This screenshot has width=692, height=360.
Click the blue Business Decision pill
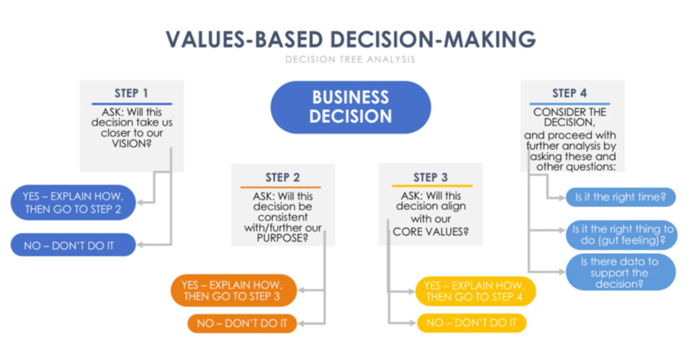point(351,107)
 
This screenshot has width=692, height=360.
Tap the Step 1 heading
point(131,93)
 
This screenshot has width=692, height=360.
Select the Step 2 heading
point(282,178)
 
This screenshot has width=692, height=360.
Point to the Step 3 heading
point(430,178)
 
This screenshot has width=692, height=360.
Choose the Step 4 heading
point(569,93)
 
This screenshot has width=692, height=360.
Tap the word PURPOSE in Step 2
point(282,238)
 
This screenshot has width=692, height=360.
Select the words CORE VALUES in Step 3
point(430,232)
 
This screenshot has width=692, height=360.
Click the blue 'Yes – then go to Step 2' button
point(73,203)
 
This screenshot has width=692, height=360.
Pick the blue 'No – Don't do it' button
point(73,245)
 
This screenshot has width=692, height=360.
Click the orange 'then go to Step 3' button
point(233,290)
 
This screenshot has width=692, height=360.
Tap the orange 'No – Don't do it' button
point(242,324)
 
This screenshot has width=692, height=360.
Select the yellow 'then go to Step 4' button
point(475,291)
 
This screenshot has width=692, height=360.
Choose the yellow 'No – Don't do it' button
point(471,323)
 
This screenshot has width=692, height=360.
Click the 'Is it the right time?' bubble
point(620,197)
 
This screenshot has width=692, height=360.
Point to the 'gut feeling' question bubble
point(622,234)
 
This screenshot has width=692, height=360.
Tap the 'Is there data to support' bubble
point(620,272)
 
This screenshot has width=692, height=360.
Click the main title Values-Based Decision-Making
point(351,39)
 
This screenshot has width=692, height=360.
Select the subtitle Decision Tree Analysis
point(350,59)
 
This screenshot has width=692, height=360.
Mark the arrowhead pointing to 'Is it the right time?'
point(562,198)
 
